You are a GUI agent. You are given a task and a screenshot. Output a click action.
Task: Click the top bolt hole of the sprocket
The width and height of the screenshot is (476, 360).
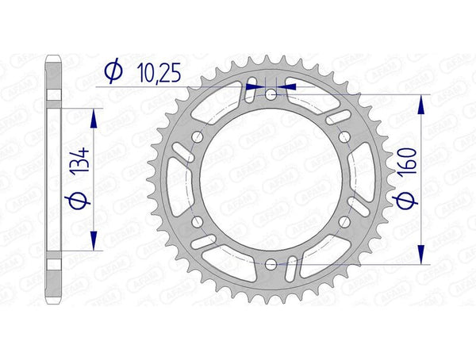click(272, 94)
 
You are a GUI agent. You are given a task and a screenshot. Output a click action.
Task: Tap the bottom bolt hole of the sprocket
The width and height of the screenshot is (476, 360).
click(272, 263)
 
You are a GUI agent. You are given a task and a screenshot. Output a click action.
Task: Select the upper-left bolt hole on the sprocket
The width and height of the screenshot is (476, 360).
click(198, 136)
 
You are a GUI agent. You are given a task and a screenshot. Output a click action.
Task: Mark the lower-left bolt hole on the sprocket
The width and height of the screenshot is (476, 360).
click(198, 221)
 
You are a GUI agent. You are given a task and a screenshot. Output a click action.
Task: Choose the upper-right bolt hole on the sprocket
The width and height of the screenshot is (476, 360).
click(345, 136)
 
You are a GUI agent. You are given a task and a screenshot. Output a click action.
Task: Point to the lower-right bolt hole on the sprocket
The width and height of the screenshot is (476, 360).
click(345, 221)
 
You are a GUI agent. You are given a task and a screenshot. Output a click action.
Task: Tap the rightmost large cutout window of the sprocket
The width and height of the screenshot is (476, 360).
click(367, 179)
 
